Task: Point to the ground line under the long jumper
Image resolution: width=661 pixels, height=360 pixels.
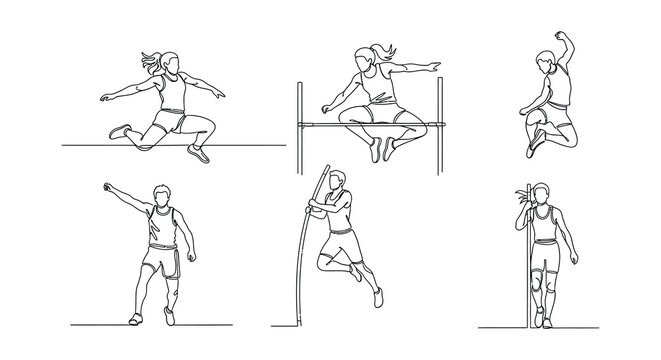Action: coord(100,145)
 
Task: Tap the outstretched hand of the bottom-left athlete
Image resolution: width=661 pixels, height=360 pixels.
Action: coord(106,188)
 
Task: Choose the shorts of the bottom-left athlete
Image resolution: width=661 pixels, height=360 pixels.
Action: coord(161,262)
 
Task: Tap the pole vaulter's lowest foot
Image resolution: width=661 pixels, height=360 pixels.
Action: coord(376,297)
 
